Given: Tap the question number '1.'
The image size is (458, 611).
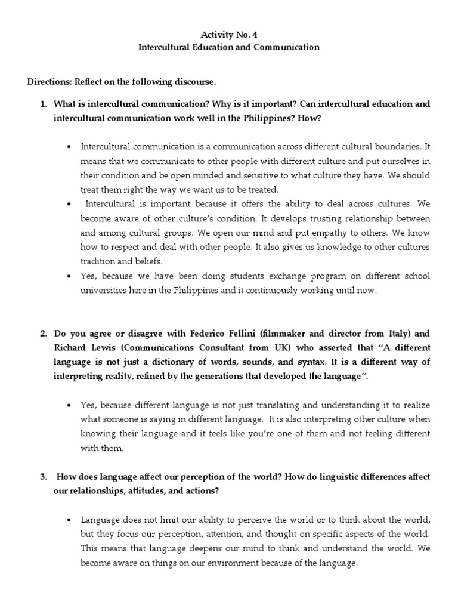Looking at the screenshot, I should pos(43,104).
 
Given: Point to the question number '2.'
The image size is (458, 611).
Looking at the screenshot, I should pos(43,333).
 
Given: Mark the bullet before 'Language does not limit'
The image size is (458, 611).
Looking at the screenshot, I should pos(70,519).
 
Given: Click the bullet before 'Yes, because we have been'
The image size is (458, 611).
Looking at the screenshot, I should pos(70,276).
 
